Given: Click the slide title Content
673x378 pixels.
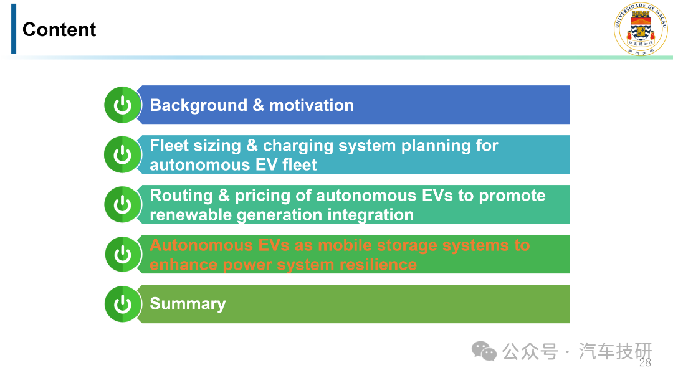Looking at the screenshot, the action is (x=59, y=30).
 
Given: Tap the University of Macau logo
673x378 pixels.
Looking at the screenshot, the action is (x=641, y=29).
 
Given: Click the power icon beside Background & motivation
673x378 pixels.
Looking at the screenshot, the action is (x=123, y=105).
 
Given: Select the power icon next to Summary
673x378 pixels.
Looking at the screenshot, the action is (x=123, y=304).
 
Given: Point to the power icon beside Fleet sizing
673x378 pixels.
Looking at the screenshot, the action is (x=123, y=154).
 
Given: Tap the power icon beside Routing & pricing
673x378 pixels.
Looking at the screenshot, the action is (x=123, y=204).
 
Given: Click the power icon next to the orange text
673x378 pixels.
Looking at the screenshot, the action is (x=123, y=254).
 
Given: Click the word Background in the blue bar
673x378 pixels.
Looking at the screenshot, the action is (x=199, y=105).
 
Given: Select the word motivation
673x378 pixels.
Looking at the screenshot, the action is (x=312, y=105).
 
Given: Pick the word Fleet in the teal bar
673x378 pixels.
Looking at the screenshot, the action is (x=169, y=146).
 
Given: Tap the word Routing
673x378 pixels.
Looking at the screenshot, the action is (x=181, y=196).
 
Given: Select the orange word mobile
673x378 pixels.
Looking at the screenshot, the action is (x=345, y=245).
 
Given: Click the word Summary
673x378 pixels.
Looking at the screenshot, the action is (x=188, y=304).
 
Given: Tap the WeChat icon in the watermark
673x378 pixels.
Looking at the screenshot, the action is (x=484, y=351).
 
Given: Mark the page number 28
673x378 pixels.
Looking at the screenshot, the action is (x=645, y=362).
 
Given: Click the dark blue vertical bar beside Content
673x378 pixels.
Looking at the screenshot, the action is (x=14, y=29).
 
